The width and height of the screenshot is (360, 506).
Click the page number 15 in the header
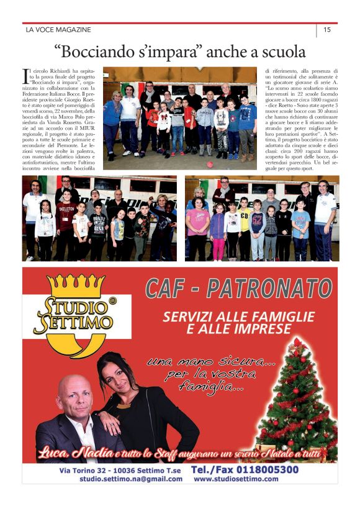pyautogui.click(x=327, y=29)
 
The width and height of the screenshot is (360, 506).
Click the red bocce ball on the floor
pyautogui.click(x=210, y=165)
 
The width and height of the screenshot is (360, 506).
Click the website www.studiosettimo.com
pyautogui.click(x=235, y=479)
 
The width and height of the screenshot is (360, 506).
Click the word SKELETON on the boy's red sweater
pyautogui.click(x=65, y=210)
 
